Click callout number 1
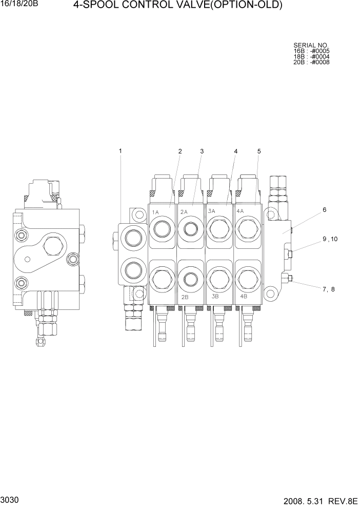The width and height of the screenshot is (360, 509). pos(121,151)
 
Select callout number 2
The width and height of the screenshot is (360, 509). pos(180,151)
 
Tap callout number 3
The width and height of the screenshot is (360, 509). pos(202,151)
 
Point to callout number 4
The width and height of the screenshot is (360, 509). pos(236,151)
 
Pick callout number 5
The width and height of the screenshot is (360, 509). pos(259,151)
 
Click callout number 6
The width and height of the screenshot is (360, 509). pos(324,210)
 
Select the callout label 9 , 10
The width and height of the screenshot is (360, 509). pos(330,239)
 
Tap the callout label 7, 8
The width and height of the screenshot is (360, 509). pos(328,289)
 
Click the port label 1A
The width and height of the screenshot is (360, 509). pos(155,211)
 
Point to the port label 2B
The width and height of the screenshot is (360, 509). pos(185,297)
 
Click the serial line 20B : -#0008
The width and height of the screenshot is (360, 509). pos(311,63)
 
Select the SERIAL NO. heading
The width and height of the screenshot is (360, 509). pos(311,46)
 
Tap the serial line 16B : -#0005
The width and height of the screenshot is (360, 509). pos(311,51)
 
